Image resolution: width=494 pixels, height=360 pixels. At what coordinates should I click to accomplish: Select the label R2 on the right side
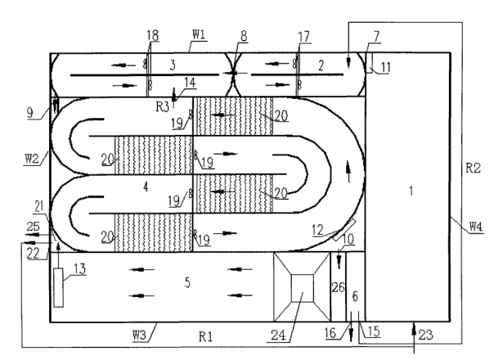click(x=472, y=169)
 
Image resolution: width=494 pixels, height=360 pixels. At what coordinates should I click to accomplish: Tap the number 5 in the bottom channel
click(x=187, y=282)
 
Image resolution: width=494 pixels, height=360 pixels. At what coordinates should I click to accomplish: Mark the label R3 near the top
click(x=164, y=106)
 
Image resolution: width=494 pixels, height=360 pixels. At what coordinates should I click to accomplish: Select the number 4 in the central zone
click(x=145, y=187)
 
